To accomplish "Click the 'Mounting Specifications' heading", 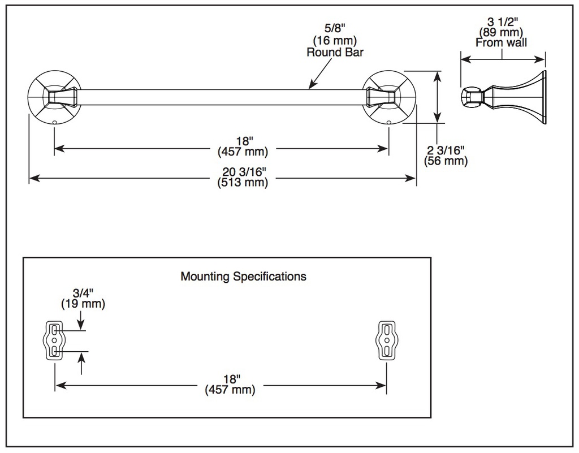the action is [243, 277].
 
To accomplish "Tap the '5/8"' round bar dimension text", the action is [335, 28].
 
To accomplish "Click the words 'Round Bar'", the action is [335, 52].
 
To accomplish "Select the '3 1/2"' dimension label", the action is [503, 21].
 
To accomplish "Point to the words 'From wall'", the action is [501, 42].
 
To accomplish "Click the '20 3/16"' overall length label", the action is [244, 172].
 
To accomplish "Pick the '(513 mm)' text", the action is [243, 182].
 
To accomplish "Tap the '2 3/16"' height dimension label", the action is [446, 150].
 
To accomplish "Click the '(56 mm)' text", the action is [446, 161].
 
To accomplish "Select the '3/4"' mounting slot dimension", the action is [83, 293].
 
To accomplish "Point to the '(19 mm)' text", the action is [83, 304].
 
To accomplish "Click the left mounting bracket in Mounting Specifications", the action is [54, 340].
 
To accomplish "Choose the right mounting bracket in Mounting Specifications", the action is [387, 340].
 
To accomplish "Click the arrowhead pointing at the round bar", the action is [312, 85].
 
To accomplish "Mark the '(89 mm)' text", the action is [501, 32].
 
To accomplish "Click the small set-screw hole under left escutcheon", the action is [55, 122].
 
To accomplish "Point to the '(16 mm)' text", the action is [335, 40].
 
